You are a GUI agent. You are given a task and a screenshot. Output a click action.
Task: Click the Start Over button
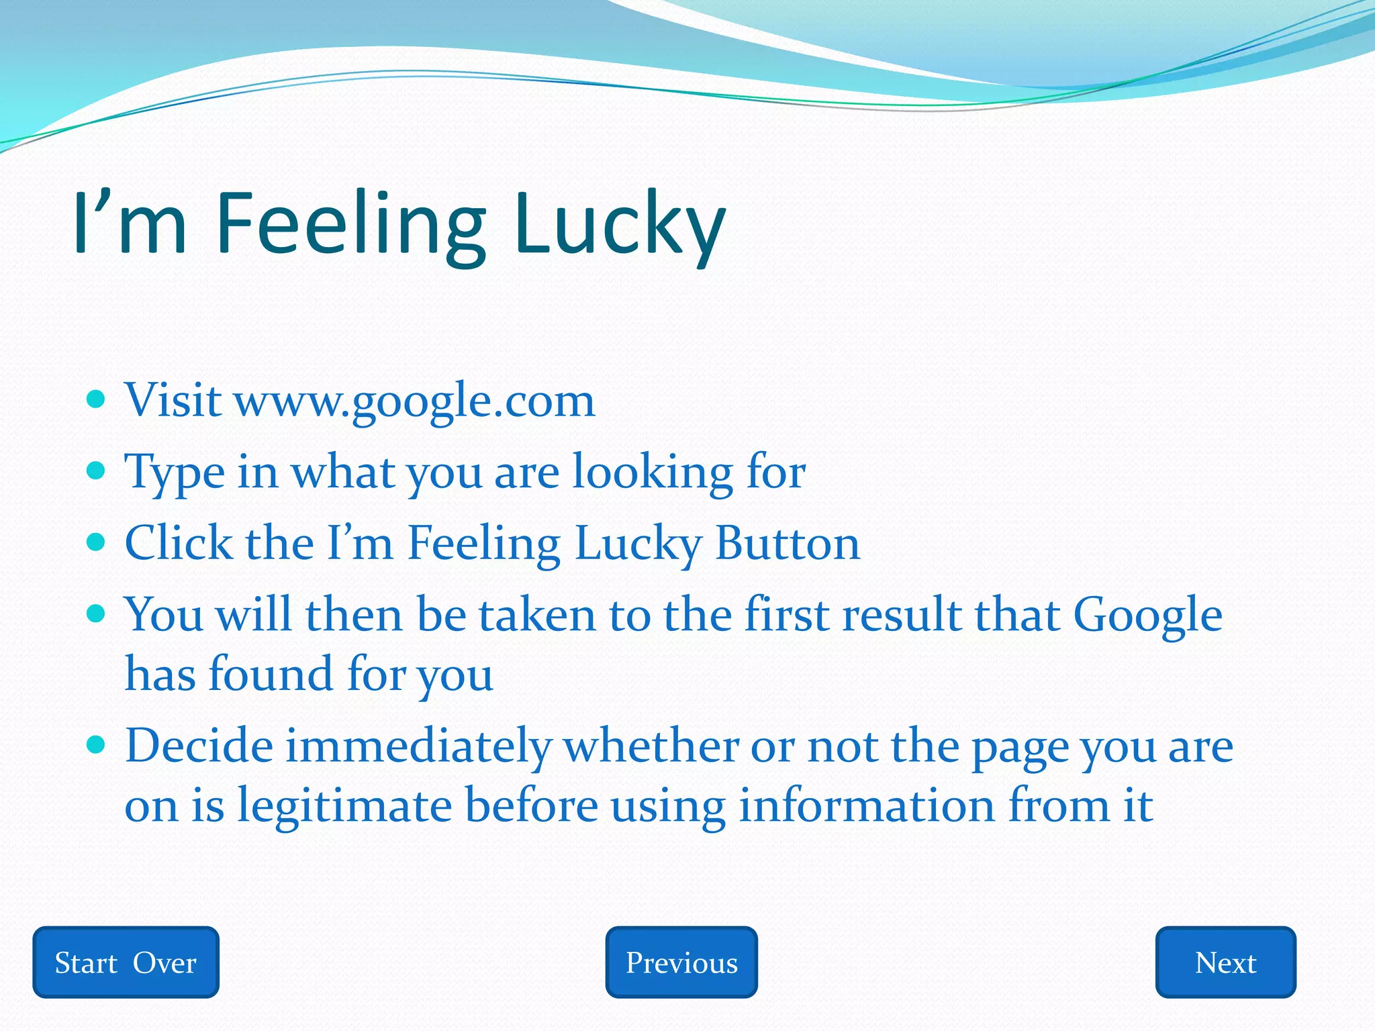coord(126,962)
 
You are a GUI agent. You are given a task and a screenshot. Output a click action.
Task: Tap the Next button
coord(1225,962)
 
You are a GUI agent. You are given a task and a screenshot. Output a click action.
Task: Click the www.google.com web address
coord(414,401)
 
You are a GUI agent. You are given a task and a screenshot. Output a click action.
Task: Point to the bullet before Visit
coord(97,400)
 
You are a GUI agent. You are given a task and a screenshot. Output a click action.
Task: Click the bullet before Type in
coord(97,471)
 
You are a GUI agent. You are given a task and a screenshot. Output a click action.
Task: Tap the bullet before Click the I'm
coord(97,542)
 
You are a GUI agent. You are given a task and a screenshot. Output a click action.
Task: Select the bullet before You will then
coord(97,613)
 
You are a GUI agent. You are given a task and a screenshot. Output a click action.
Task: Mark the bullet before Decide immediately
coord(97,744)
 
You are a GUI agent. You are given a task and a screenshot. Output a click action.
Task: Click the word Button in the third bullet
coord(787,543)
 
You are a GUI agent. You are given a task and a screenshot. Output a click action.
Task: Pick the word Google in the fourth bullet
coord(1147,615)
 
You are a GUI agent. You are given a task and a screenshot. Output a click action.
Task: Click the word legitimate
coord(344,805)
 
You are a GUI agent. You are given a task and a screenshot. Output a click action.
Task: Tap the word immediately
coord(418,746)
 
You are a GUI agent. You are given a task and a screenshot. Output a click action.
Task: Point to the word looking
coord(652,473)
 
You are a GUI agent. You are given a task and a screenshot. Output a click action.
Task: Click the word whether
coord(651,746)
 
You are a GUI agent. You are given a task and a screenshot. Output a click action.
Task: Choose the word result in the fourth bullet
coord(902,615)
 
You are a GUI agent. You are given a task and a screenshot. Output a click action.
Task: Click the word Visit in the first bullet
coord(173,401)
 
